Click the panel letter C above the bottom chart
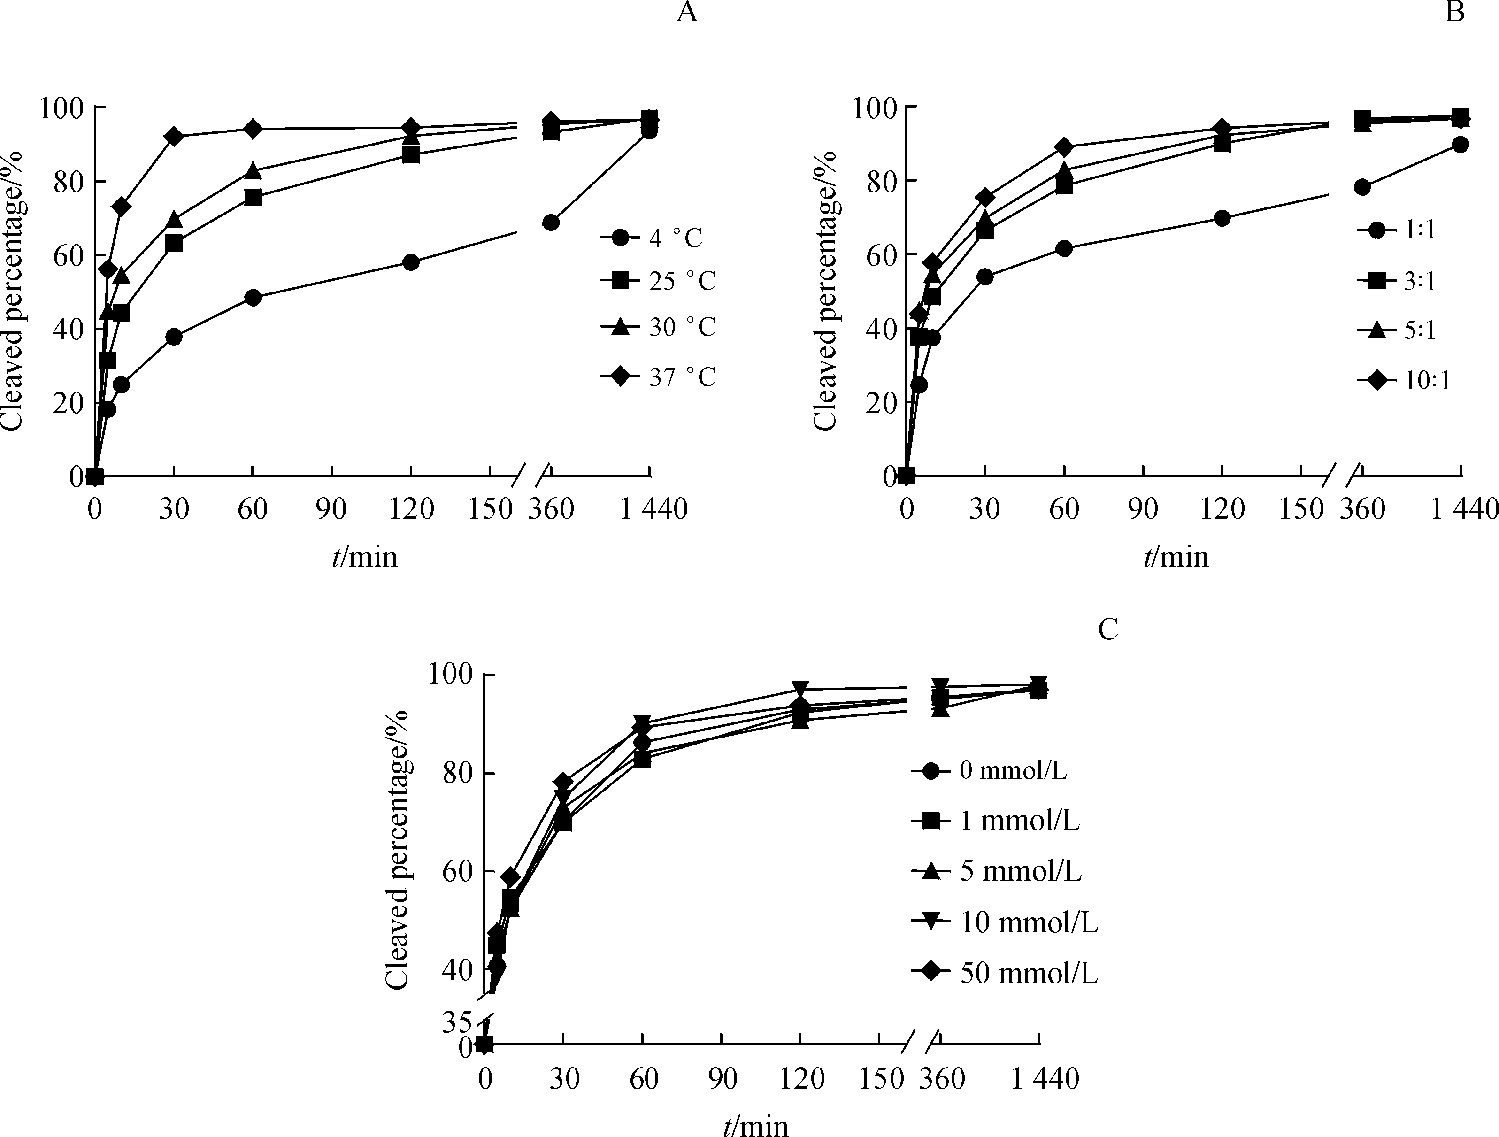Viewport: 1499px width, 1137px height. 1107,630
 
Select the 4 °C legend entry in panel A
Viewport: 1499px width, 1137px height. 657,238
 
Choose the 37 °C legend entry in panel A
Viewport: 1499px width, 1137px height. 657,377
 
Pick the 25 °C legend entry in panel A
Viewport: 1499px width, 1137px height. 657,281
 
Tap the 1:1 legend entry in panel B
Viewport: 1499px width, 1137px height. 1397,230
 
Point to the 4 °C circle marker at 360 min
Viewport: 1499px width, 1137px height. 551,223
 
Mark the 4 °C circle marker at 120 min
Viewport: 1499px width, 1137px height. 411,262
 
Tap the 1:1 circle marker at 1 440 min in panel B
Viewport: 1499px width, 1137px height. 1461,144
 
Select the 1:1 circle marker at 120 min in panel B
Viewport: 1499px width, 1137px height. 1222,218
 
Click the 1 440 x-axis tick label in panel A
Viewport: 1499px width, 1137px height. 654,509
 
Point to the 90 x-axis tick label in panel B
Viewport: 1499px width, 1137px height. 1143,509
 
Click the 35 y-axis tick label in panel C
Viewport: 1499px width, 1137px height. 456,1022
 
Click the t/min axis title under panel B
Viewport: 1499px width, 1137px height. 1176,557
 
